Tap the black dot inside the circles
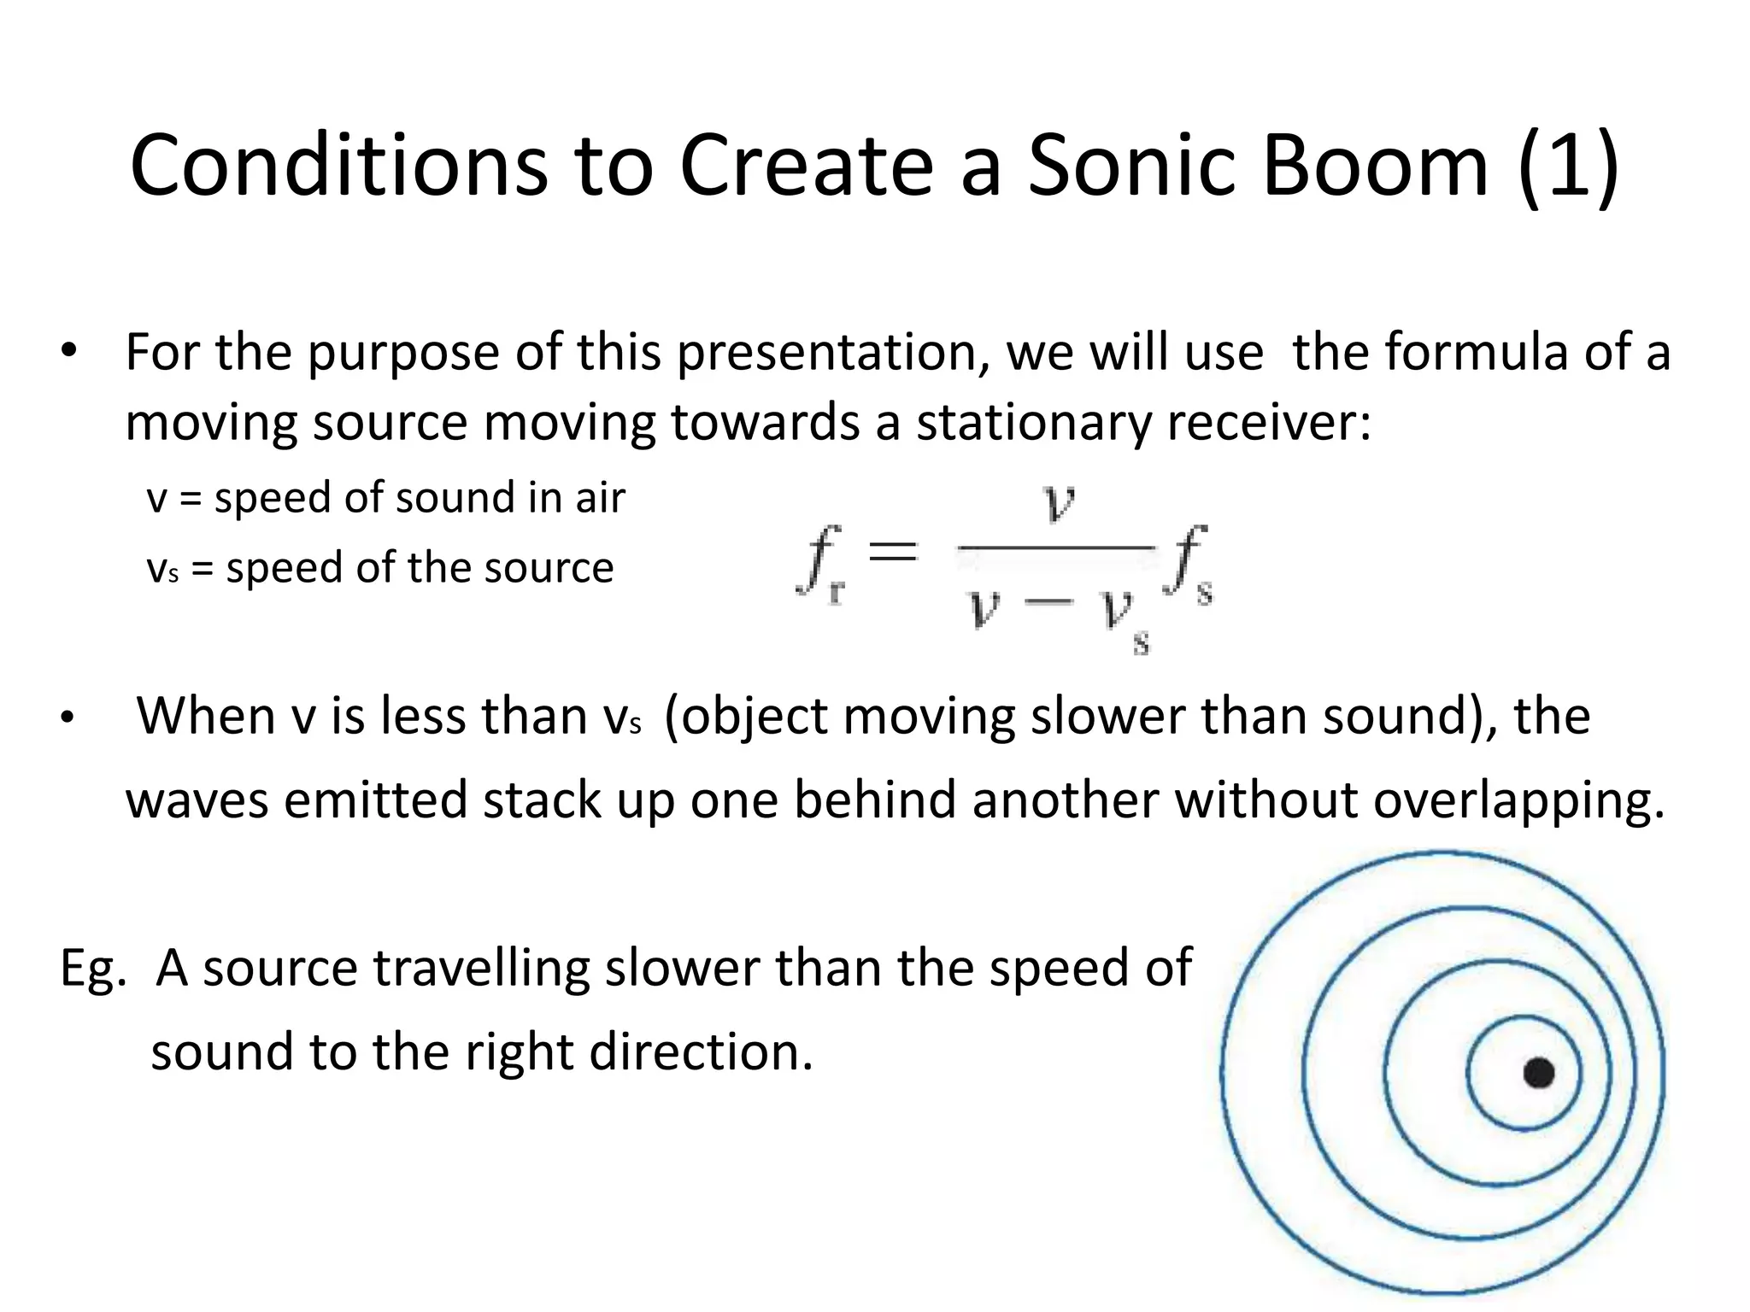pyautogui.click(x=1539, y=1073)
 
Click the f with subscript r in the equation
pyautogui.click(x=820, y=564)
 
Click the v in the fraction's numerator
pyautogui.click(x=1059, y=504)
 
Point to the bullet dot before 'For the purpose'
pyautogui.click(x=69, y=354)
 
